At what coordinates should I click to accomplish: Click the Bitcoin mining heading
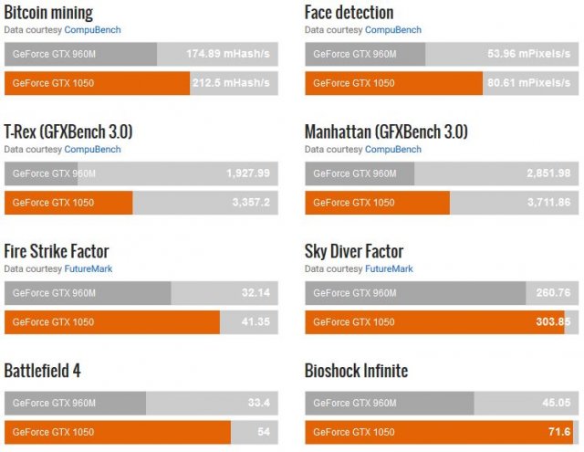pos(48,13)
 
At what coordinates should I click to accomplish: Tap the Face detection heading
pos(349,13)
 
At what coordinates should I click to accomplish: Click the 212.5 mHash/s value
pos(232,83)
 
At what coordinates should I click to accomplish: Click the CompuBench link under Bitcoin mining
pos(92,29)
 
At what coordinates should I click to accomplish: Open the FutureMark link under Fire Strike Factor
pos(88,268)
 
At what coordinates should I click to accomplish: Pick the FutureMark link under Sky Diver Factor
pos(389,268)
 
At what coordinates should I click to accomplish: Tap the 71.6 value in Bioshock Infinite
pos(558,432)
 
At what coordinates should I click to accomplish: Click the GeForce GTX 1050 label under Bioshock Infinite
pos(354,432)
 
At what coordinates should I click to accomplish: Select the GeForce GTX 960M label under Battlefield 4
pos(54,404)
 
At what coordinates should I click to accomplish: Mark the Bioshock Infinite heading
pos(356,371)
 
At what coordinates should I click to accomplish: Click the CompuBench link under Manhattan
pos(392,149)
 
